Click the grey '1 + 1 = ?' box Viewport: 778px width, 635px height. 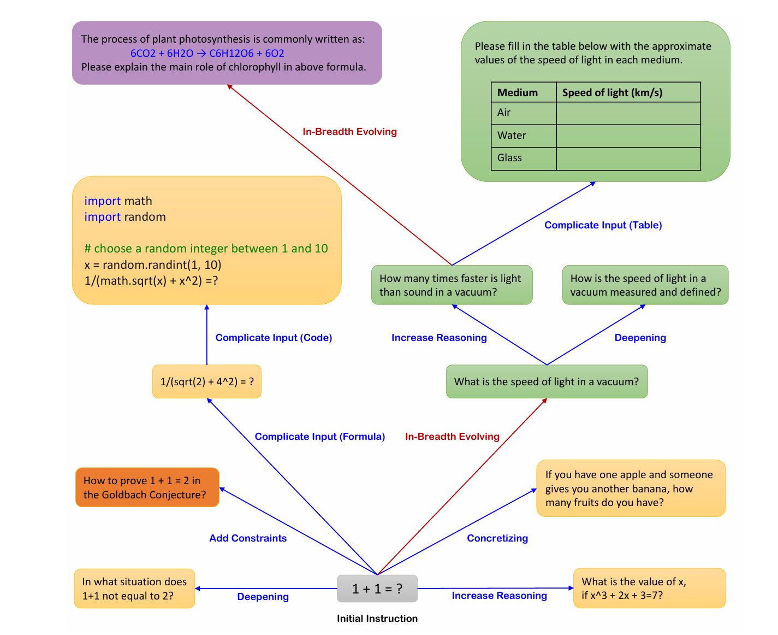tap(377, 589)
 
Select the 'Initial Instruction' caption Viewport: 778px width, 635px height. tap(377, 619)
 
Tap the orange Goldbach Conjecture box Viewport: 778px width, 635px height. tap(147, 487)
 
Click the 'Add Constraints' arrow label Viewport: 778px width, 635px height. tap(248, 538)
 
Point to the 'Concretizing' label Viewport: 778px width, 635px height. tap(497, 538)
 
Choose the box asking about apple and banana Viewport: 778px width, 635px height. tap(631, 489)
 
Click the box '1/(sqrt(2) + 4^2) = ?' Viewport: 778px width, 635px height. tap(207, 381)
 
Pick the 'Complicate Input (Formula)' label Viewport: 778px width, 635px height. tap(320, 437)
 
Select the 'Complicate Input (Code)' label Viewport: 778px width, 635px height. tap(274, 338)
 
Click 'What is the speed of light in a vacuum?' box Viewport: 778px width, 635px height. tap(547, 381)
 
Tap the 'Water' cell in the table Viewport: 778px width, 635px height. tap(512, 136)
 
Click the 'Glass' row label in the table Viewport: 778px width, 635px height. tap(510, 158)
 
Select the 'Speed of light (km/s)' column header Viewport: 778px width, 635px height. tap(613, 92)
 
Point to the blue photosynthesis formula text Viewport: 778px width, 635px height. tap(207, 53)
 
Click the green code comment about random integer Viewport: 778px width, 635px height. tap(206, 249)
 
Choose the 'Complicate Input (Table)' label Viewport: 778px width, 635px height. tap(603, 225)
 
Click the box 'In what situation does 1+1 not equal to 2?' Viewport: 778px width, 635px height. tap(134, 589)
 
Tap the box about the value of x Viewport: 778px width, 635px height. tap(649, 588)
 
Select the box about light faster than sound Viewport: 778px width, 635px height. tap(452, 285)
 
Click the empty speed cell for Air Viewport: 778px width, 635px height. tap(628, 113)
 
